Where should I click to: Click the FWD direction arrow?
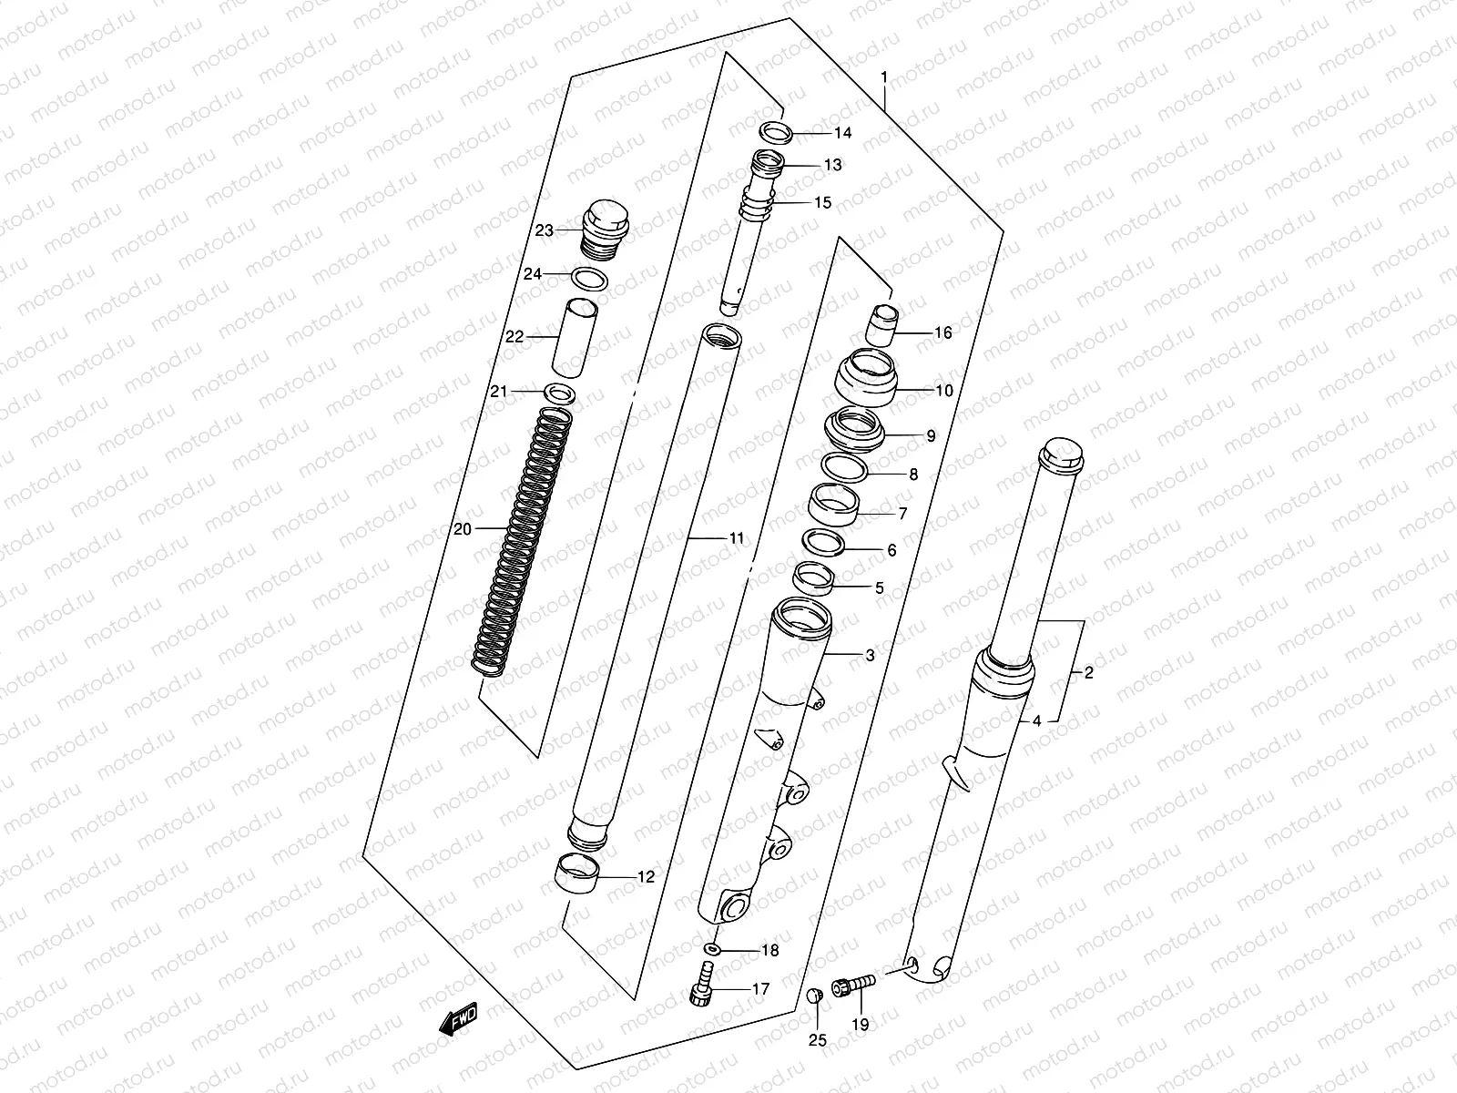(460, 1017)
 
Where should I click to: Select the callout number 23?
(544, 230)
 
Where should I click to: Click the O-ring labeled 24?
(590, 278)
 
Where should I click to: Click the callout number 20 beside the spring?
(462, 528)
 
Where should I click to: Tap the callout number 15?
(822, 202)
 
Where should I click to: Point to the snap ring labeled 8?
(844, 468)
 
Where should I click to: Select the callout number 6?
(891, 550)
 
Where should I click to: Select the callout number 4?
(1036, 721)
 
